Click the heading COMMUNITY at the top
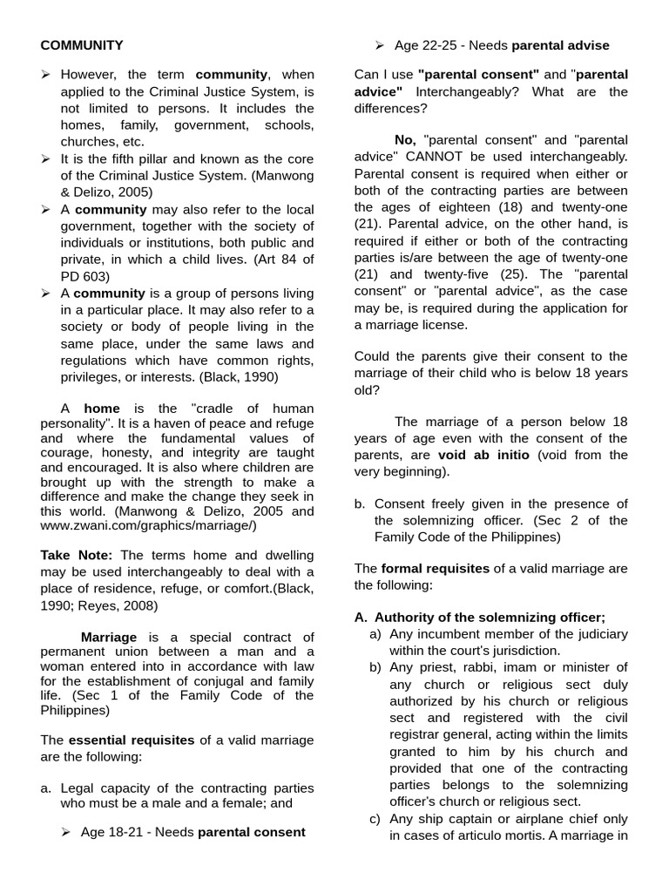[x=82, y=45]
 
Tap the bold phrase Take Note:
[x=77, y=555]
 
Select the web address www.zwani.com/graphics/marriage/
[x=149, y=525]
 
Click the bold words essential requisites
[x=132, y=740]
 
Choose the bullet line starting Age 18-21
[x=193, y=832]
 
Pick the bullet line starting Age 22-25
[x=501, y=45]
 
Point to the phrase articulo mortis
[x=496, y=836]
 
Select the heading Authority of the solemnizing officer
[x=490, y=617]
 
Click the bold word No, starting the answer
[x=406, y=140]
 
